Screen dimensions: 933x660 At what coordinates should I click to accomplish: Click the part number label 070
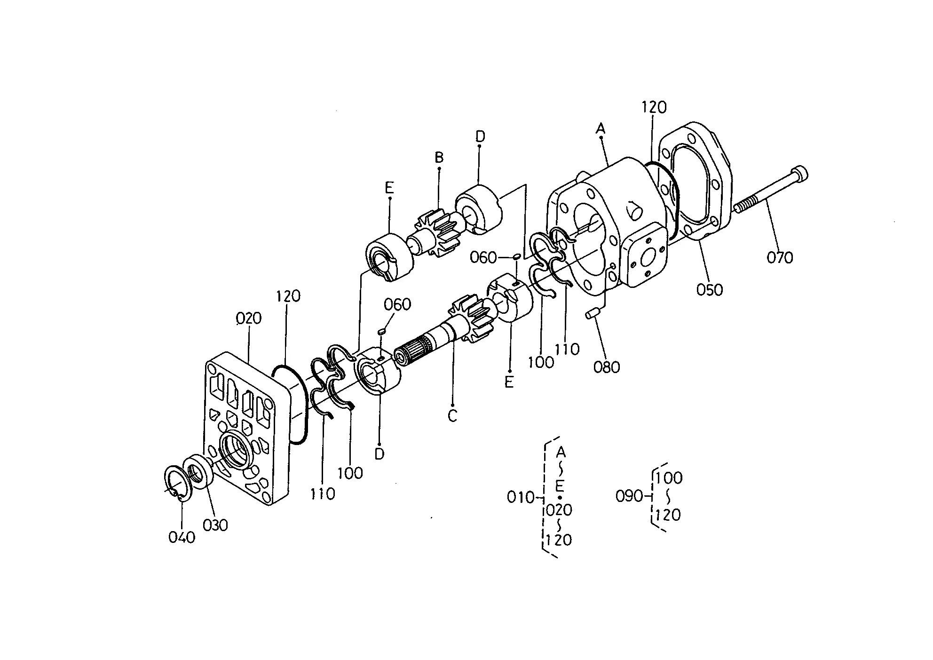point(780,257)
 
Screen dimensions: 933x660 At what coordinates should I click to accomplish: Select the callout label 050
point(710,289)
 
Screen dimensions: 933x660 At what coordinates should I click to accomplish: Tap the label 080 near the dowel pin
point(607,367)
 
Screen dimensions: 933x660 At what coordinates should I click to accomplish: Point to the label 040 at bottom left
point(182,537)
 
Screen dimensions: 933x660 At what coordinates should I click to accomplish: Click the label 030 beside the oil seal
point(215,525)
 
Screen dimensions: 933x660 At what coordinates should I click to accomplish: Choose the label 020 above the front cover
point(249,318)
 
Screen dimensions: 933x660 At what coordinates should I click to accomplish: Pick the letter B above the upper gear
point(439,157)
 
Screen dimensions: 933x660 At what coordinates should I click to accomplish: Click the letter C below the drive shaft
point(452,416)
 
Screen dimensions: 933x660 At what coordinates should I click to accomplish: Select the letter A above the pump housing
point(601,128)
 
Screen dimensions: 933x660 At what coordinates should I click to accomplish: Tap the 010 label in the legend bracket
point(521,497)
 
